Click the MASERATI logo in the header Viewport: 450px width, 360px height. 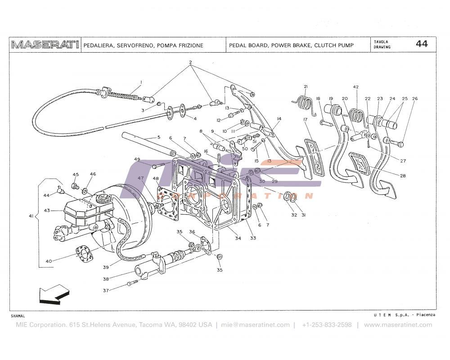(45, 45)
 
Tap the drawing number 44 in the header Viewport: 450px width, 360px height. (422, 44)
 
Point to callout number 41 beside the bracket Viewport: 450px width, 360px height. (31, 216)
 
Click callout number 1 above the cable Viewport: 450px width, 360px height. (141, 82)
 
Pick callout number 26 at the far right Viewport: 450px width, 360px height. (414, 99)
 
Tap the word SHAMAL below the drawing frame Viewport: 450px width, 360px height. (18, 316)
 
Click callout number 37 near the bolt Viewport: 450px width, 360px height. (106, 290)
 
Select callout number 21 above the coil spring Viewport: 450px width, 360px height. (305, 86)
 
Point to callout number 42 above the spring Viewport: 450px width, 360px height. (356, 86)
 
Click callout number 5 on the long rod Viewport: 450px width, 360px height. (158, 137)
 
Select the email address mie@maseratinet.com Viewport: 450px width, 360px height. (255, 325)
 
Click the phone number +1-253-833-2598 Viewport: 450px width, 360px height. (327, 325)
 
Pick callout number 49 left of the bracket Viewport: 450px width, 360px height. (137, 159)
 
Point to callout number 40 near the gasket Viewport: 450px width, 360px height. (49, 261)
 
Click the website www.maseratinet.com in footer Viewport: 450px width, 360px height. (395, 325)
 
